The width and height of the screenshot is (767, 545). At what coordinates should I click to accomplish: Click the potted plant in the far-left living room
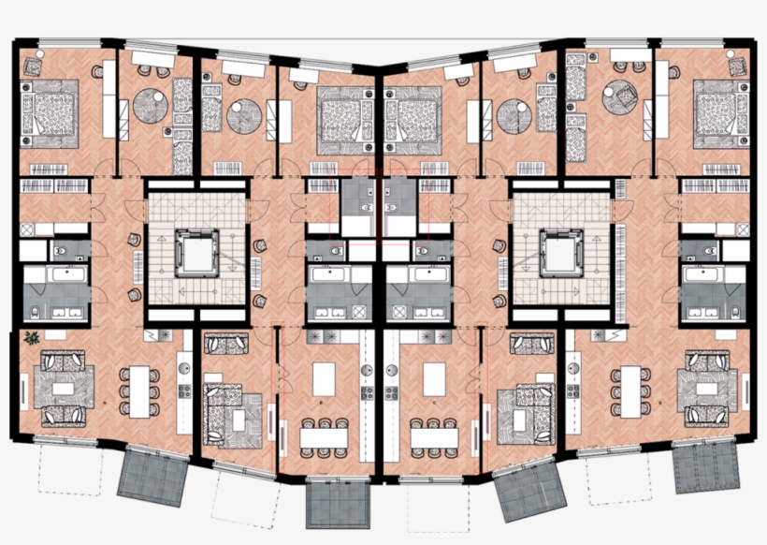[33, 337]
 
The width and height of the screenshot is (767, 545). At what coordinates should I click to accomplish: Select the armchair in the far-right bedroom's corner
[736, 66]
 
